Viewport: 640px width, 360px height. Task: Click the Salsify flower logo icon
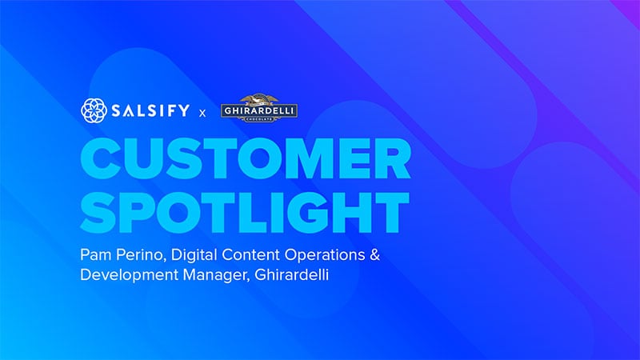click(94, 110)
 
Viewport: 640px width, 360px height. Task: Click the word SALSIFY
click(150, 110)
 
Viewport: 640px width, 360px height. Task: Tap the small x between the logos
click(202, 113)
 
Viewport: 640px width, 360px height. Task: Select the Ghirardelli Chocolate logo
click(259, 109)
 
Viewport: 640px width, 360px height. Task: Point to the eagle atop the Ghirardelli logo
click(259, 99)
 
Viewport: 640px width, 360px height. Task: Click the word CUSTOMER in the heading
click(246, 159)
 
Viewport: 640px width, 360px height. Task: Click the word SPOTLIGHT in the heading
click(245, 213)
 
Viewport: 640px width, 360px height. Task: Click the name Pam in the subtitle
click(96, 254)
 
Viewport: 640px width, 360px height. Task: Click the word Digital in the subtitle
click(194, 255)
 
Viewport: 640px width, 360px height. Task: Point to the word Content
click(250, 254)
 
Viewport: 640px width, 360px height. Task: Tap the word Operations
click(325, 255)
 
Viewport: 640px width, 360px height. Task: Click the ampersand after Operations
click(374, 254)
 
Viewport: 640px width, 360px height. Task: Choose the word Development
click(129, 275)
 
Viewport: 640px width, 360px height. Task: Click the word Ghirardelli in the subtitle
click(291, 274)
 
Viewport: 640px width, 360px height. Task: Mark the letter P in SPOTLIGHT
click(143, 213)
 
